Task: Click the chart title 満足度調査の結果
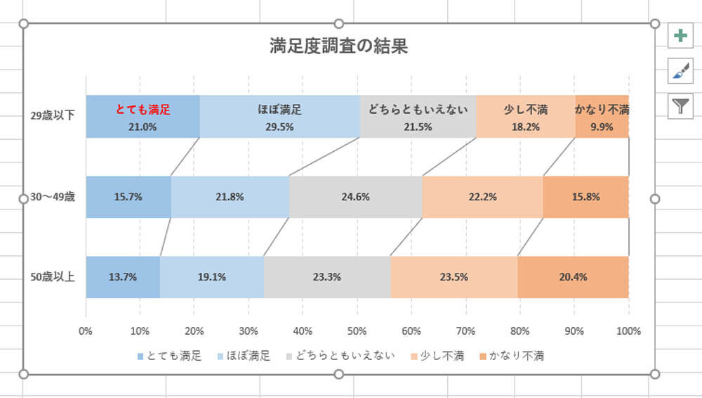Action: tap(339, 46)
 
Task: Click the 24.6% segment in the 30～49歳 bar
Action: tap(355, 197)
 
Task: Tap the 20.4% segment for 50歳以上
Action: tap(573, 277)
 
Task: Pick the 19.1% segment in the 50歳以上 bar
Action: tap(211, 277)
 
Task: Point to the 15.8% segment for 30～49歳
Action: tap(585, 197)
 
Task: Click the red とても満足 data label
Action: tap(143, 110)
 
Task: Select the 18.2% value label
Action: tap(525, 127)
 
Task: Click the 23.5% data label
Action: tap(453, 277)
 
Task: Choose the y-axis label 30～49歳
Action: tap(53, 197)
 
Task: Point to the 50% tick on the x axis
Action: tap(357, 330)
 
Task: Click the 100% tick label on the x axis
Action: tap(628, 330)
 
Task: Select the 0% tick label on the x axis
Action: tap(86, 330)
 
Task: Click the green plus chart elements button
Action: tap(680, 36)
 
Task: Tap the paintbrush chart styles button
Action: tap(680, 71)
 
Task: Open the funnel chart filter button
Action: tap(680, 106)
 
